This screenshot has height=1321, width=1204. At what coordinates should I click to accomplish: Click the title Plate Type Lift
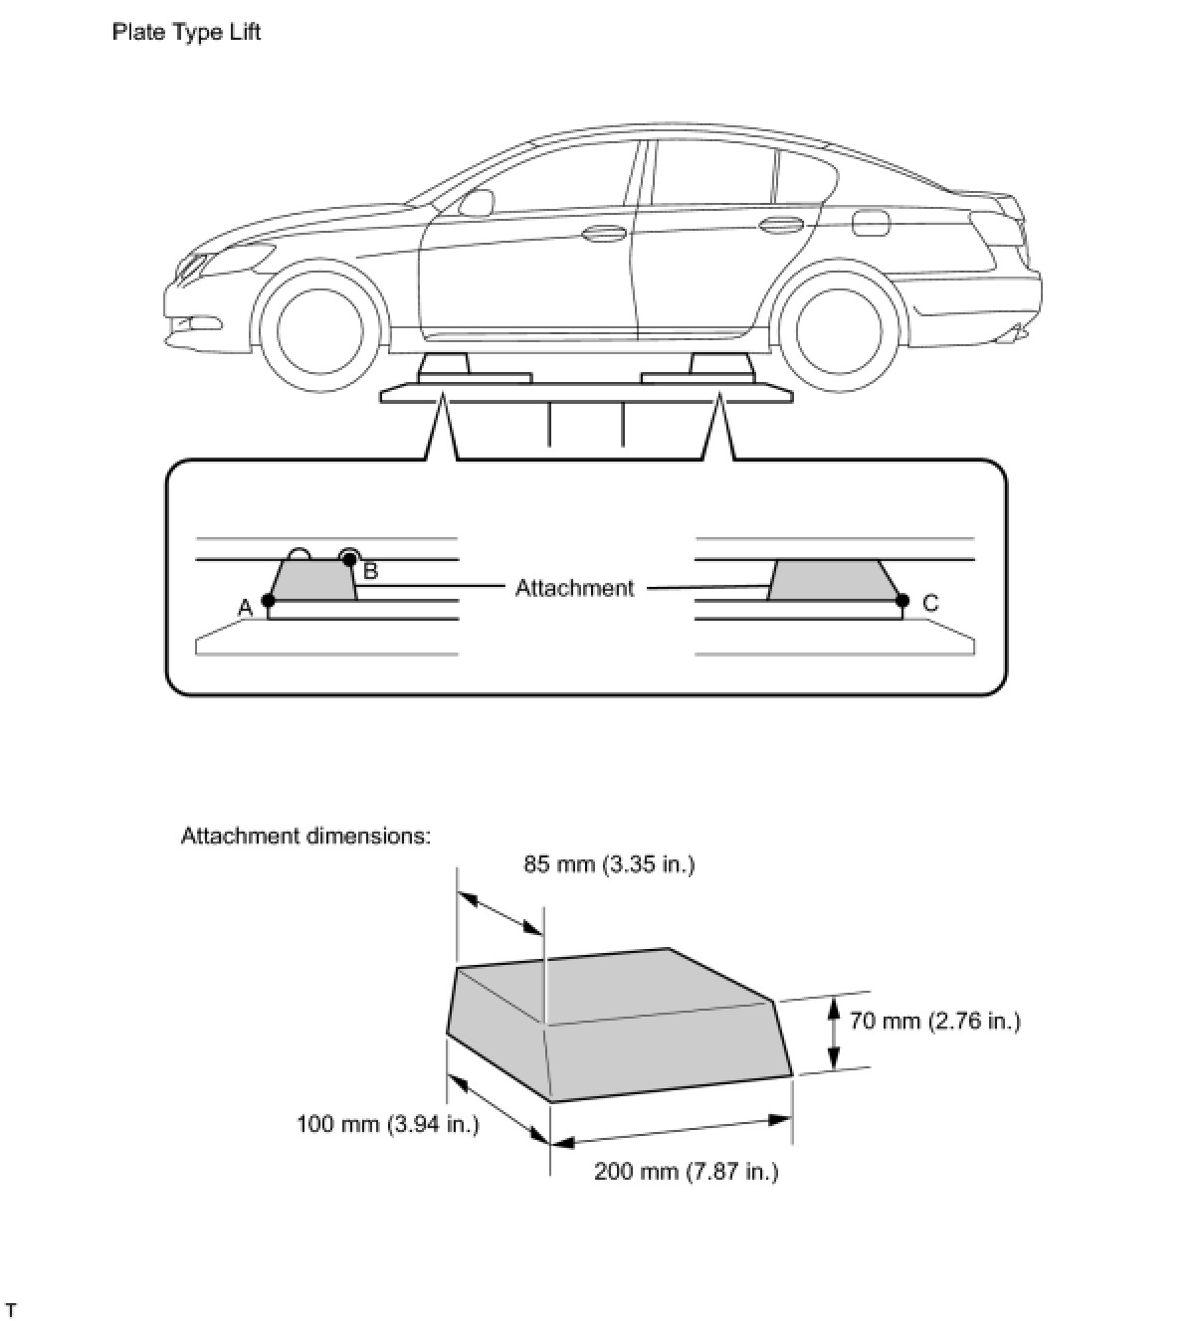coord(186,32)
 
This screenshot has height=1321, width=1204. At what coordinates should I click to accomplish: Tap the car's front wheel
coord(319,330)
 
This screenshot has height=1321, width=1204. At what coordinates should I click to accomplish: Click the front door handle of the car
coord(599,235)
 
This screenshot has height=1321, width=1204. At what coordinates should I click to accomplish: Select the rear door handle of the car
coord(781,224)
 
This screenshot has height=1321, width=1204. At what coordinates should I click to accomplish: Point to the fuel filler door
coord(869,223)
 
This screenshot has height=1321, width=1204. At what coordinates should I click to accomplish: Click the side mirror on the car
coord(478,203)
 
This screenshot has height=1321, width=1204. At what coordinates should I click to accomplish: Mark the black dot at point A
coord(268,600)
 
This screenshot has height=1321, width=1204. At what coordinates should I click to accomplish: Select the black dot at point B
coord(348,559)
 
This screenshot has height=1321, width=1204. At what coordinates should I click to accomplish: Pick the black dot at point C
coord(903,600)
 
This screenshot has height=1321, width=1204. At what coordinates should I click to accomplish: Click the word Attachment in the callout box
coord(574,588)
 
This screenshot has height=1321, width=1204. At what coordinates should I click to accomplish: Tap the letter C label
coord(930,603)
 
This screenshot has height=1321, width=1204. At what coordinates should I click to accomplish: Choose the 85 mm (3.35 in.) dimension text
coord(609,863)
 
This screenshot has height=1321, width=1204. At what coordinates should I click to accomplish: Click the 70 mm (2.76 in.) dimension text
coord(934,1021)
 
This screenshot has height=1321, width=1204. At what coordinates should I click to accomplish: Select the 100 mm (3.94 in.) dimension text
coord(388,1124)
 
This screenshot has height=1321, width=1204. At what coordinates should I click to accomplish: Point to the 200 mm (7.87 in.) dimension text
coord(686,1171)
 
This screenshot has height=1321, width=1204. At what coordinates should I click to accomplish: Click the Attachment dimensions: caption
coord(305,836)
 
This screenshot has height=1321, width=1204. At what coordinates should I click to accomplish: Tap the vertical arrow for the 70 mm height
coord(834,1035)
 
